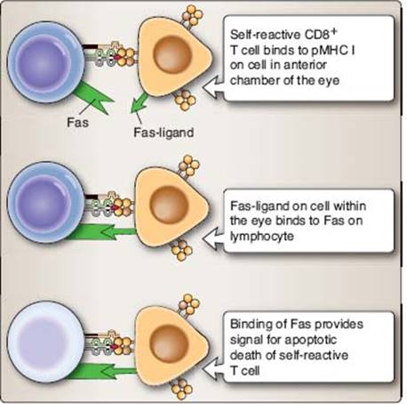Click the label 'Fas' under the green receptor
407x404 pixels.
click(77, 122)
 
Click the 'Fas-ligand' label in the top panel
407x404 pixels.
click(164, 133)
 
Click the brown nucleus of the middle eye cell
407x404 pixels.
click(169, 204)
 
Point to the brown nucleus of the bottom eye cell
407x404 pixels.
click(170, 343)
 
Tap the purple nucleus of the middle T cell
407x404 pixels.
click(44, 204)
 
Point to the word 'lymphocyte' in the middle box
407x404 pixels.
click(262, 237)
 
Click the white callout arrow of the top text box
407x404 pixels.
click(212, 88)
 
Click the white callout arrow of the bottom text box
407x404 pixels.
click(212, 368)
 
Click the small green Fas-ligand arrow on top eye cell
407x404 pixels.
click(139, 103)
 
